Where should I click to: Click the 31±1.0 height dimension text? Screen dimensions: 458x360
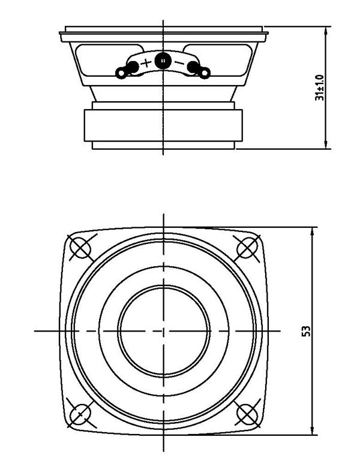click(319, 88)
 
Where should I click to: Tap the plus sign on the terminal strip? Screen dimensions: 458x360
click(146, 62)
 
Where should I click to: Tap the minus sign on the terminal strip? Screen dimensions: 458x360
click(178, 62)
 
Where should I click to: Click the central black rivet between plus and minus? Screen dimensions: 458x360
click(163, 60)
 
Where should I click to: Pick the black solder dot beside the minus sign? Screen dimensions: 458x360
click(193, 67)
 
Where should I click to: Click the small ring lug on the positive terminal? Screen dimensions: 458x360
click(121, 73)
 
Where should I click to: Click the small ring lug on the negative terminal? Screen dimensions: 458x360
click(205, 73)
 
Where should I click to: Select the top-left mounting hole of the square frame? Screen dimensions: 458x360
click(80, 246)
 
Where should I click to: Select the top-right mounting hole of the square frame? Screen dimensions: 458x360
click(246, 246)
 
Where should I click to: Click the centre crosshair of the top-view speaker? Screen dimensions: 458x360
click(163, 330)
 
